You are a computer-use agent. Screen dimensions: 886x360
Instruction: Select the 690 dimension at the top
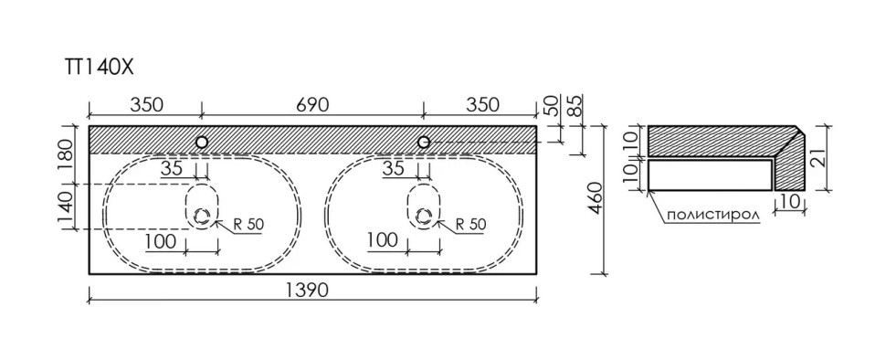[311, 105]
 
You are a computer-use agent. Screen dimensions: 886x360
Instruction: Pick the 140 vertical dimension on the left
[67, 206]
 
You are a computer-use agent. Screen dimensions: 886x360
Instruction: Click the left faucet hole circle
[202, 143]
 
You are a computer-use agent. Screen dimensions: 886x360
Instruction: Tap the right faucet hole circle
[423, 143]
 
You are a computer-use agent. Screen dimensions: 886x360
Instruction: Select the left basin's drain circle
[202, 216]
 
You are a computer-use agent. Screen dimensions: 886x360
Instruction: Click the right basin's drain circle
[423, 216]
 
